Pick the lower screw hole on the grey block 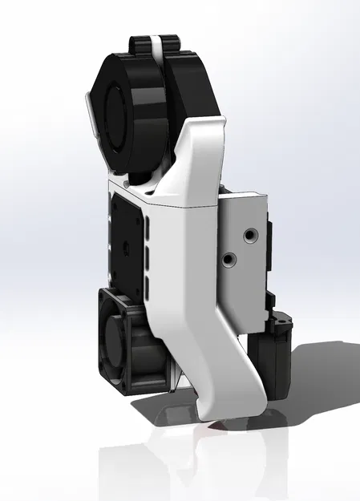[x=229, y=260]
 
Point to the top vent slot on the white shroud [x=148, y=230]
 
